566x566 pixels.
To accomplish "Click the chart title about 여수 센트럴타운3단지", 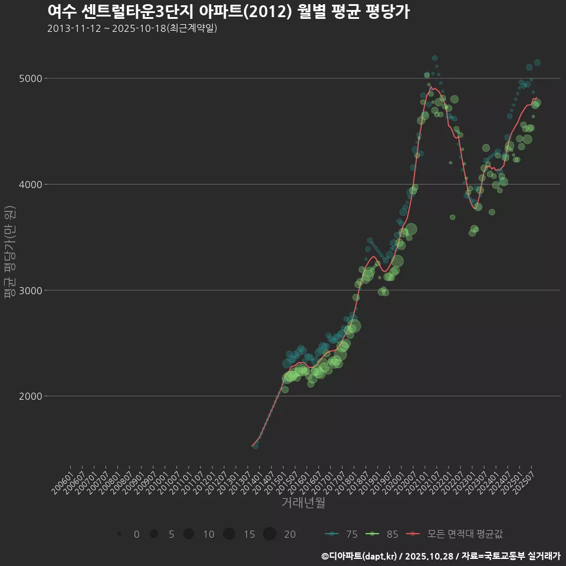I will click(228, 12).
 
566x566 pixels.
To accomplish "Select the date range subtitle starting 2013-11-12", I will click(132, 28).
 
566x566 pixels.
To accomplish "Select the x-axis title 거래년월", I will click(303, 502).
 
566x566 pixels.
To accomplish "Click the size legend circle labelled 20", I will click(269, 534).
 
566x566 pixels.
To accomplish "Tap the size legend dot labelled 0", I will click(119, 534).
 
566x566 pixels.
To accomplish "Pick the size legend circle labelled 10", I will click(189, 534).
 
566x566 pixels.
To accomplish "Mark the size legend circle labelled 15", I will click(229, 534).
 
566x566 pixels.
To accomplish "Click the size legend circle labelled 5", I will click(154, 534).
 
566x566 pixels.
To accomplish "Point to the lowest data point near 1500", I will click(255, 446).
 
